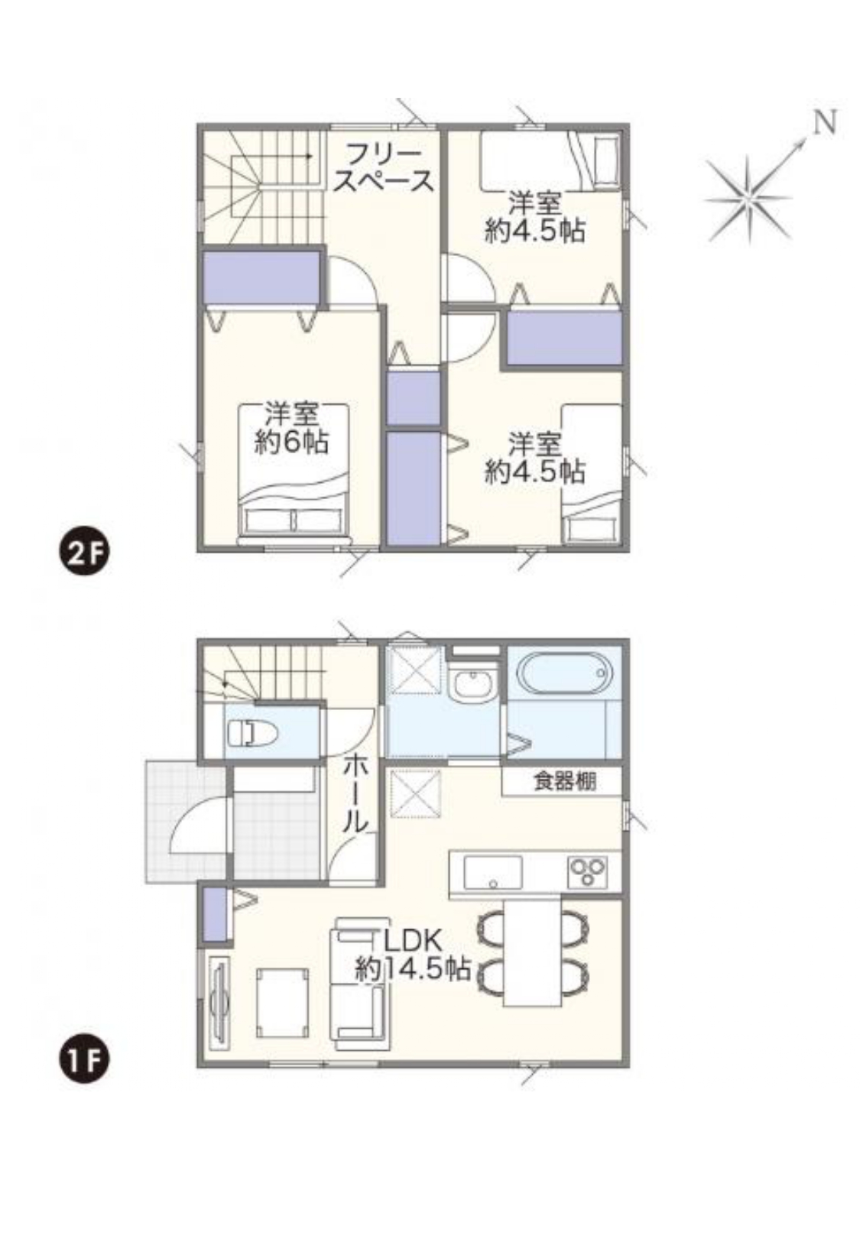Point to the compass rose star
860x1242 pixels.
(748, 199)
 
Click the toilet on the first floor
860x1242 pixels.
(252, 734)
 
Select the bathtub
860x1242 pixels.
(564, 672)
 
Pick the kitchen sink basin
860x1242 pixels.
(492, 871)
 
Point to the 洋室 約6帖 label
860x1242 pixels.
(291, 428)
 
